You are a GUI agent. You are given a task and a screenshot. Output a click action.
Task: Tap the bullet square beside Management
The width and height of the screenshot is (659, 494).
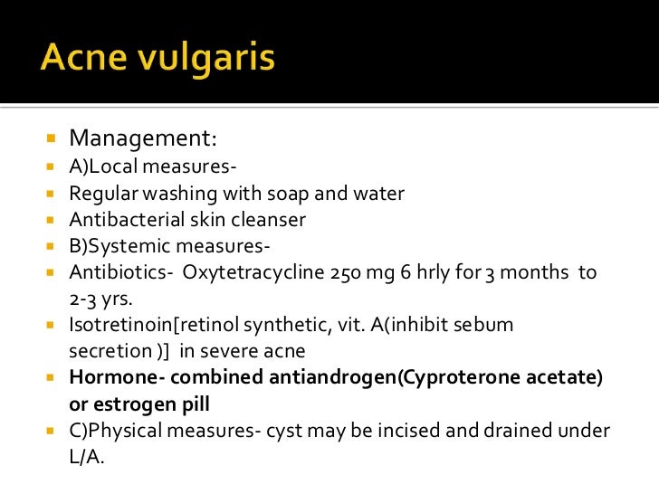pyautogui.click(x=51, y=140)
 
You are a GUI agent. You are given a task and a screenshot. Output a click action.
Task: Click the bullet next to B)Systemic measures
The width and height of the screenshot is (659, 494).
pyautogui.click(x=51, y=246)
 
